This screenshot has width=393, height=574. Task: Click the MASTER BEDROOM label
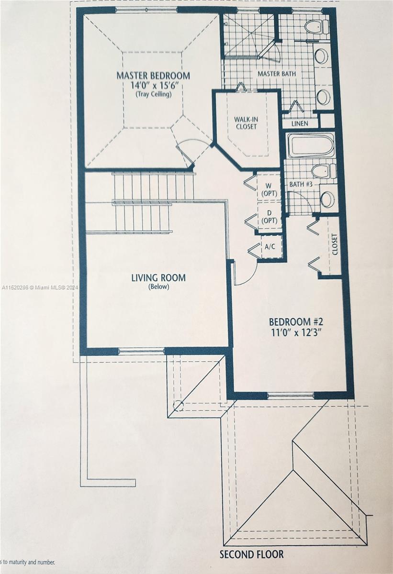tap(153, 76)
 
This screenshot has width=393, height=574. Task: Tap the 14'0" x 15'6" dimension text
tap(153, 86)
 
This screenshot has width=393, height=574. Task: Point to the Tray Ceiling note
tap(153, 94)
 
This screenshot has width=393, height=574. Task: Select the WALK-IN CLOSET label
tap(246, 123)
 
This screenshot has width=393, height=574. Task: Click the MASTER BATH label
tap(277, 74)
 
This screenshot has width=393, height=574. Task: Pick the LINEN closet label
tap(300, 123)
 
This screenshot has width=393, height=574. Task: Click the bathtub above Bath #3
tap(311, 145)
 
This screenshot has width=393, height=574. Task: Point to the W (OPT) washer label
tap(269, 189)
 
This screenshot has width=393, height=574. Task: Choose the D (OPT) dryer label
tap(269, 217)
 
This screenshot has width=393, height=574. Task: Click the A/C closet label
tap(269, 247)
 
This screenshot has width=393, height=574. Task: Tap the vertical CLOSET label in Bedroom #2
tap(335, 244)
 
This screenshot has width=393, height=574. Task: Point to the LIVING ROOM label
tap(158, 278)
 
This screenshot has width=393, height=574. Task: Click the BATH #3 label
tap(301, 184)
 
